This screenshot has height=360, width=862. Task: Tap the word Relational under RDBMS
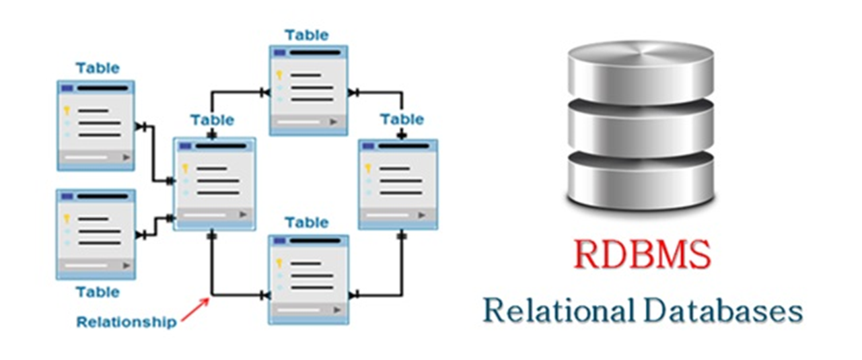coord(556,311)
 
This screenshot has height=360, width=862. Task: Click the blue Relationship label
coord(127,322)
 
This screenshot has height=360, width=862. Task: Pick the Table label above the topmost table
coord(307,34)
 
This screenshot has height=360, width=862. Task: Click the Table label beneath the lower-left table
coord(98,292)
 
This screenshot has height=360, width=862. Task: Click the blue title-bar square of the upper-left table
coord(67,88)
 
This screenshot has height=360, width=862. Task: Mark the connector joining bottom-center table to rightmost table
coord(390,294)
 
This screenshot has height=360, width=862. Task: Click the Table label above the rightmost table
coord(402,119)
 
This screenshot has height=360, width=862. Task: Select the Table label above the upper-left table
coord(98,68)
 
